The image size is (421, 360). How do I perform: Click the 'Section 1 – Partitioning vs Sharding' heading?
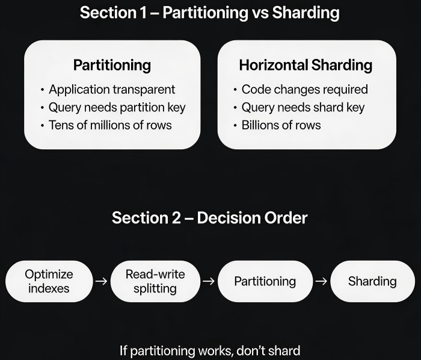click(210, 13)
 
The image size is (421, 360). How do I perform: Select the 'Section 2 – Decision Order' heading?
click(210, 217)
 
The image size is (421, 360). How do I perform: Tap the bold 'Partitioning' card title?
click(112, 65)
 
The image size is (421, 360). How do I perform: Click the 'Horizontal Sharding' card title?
click(306, 65)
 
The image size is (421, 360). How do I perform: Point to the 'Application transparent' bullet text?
click(112, 90)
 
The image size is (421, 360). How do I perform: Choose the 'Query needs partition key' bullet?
click(117, 108)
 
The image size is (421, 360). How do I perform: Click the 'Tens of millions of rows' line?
click(110, 125)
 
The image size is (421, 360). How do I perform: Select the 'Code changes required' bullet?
click(305, 90)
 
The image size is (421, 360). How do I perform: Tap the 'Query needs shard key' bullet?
click(303, 108)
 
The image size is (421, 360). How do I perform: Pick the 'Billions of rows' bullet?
click(281, 125)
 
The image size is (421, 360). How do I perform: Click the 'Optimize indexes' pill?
click(49, 281)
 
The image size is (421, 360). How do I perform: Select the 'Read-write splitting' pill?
click(155, 281)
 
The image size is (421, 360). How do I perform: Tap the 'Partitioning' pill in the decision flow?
click(265, 281)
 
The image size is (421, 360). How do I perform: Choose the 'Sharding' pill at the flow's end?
click(372, 281)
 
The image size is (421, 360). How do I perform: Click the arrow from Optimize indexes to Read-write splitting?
click(102, 281)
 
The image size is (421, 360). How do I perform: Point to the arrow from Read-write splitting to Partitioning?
click(209, 281)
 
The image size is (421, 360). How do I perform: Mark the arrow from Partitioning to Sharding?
click(321, 281)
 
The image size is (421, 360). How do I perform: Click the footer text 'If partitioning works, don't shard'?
click(210, 350)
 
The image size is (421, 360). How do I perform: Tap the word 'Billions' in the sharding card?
click(260, 125)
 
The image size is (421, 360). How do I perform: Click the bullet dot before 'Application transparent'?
click(42, 90)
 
